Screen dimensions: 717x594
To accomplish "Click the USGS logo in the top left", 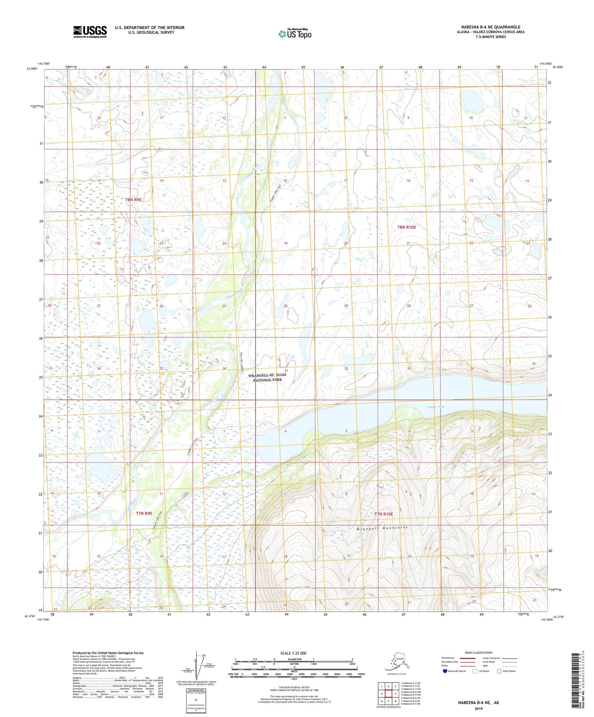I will [90, 32].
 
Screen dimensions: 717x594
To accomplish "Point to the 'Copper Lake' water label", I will [436, 407].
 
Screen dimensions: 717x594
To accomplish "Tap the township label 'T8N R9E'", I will [133, 200].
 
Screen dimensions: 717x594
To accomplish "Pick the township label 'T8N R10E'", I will [406, 227].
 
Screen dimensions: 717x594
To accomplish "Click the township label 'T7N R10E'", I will [384, 514].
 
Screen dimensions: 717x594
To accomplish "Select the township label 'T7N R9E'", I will [144, 513].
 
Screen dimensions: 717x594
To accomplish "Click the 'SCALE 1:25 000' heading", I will [293, 653].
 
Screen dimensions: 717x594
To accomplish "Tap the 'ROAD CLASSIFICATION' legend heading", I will [478, 653].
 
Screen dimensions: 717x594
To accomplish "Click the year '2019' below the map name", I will [478, 708].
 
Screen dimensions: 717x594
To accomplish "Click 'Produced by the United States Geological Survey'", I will [108, 653].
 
